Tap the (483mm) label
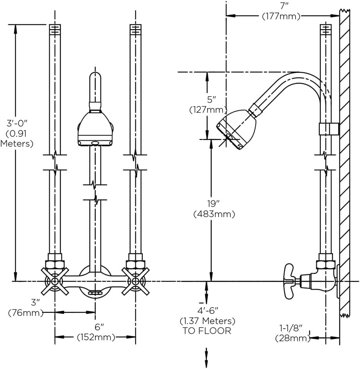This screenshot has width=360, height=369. (x=214, y=214)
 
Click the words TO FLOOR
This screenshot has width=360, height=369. (x=207, y=331)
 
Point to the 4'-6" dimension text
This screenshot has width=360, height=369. (x=207, y=311)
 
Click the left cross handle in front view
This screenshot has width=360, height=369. (x=55, y=281)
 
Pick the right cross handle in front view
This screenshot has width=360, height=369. (x=135, y=281)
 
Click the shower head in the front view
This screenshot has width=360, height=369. (x=95, y=129)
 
